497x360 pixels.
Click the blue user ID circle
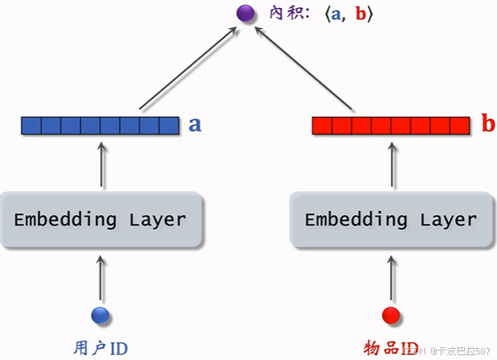[101, 315]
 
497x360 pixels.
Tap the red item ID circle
[391, 315]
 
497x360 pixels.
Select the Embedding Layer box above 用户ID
[100, 219]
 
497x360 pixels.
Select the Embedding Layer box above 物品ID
[391, 219]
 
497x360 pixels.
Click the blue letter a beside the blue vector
[195, 125]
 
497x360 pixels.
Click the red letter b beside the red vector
[487, 125]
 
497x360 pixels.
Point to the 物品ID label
[391, 349]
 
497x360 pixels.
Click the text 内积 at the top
[281, 14]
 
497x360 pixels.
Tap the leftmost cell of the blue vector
[31, 126]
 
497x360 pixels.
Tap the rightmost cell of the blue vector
[169, 126]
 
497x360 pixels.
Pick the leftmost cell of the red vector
[321, 126]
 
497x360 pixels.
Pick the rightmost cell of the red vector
[459, 126]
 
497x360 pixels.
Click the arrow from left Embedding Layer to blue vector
[101, 165]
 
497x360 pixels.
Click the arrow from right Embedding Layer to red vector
[391, 165]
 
